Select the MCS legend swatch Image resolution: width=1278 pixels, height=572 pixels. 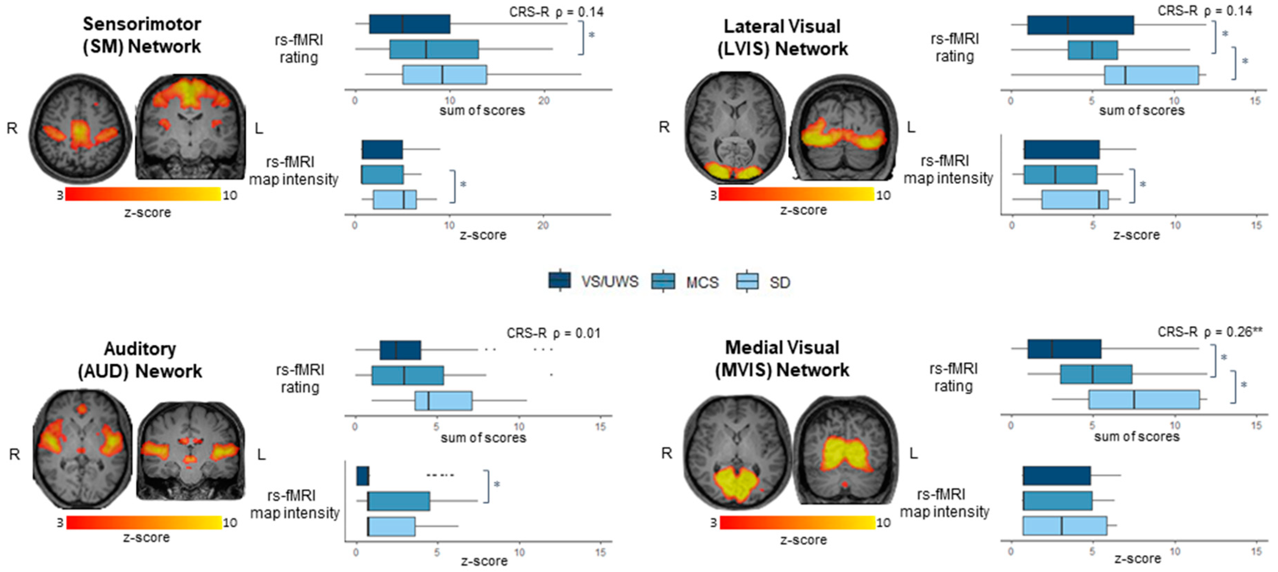point(663,281)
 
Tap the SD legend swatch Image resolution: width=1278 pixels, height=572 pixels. point(747,281)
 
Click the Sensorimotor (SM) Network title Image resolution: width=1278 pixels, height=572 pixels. point(142,35)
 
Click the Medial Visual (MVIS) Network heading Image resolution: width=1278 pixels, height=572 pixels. point(782,358)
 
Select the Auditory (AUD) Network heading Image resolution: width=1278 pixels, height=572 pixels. point(140,359)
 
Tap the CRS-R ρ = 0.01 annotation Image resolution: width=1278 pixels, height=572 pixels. point(553,333)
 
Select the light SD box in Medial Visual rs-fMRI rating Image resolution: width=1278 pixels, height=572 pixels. point(1144,400)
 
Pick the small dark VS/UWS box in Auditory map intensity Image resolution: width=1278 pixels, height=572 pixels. point(363,476)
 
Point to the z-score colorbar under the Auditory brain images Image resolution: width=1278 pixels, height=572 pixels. point(144,522)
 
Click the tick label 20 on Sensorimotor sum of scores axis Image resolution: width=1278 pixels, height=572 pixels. point(544,101)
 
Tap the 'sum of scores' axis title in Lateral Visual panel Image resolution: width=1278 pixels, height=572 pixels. point(1142,111)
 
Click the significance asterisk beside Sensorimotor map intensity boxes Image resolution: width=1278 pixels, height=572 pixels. point(463,185)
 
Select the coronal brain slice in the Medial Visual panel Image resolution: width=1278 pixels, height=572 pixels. point(846,450)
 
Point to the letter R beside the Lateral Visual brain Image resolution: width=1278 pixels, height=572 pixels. point(664,127)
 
